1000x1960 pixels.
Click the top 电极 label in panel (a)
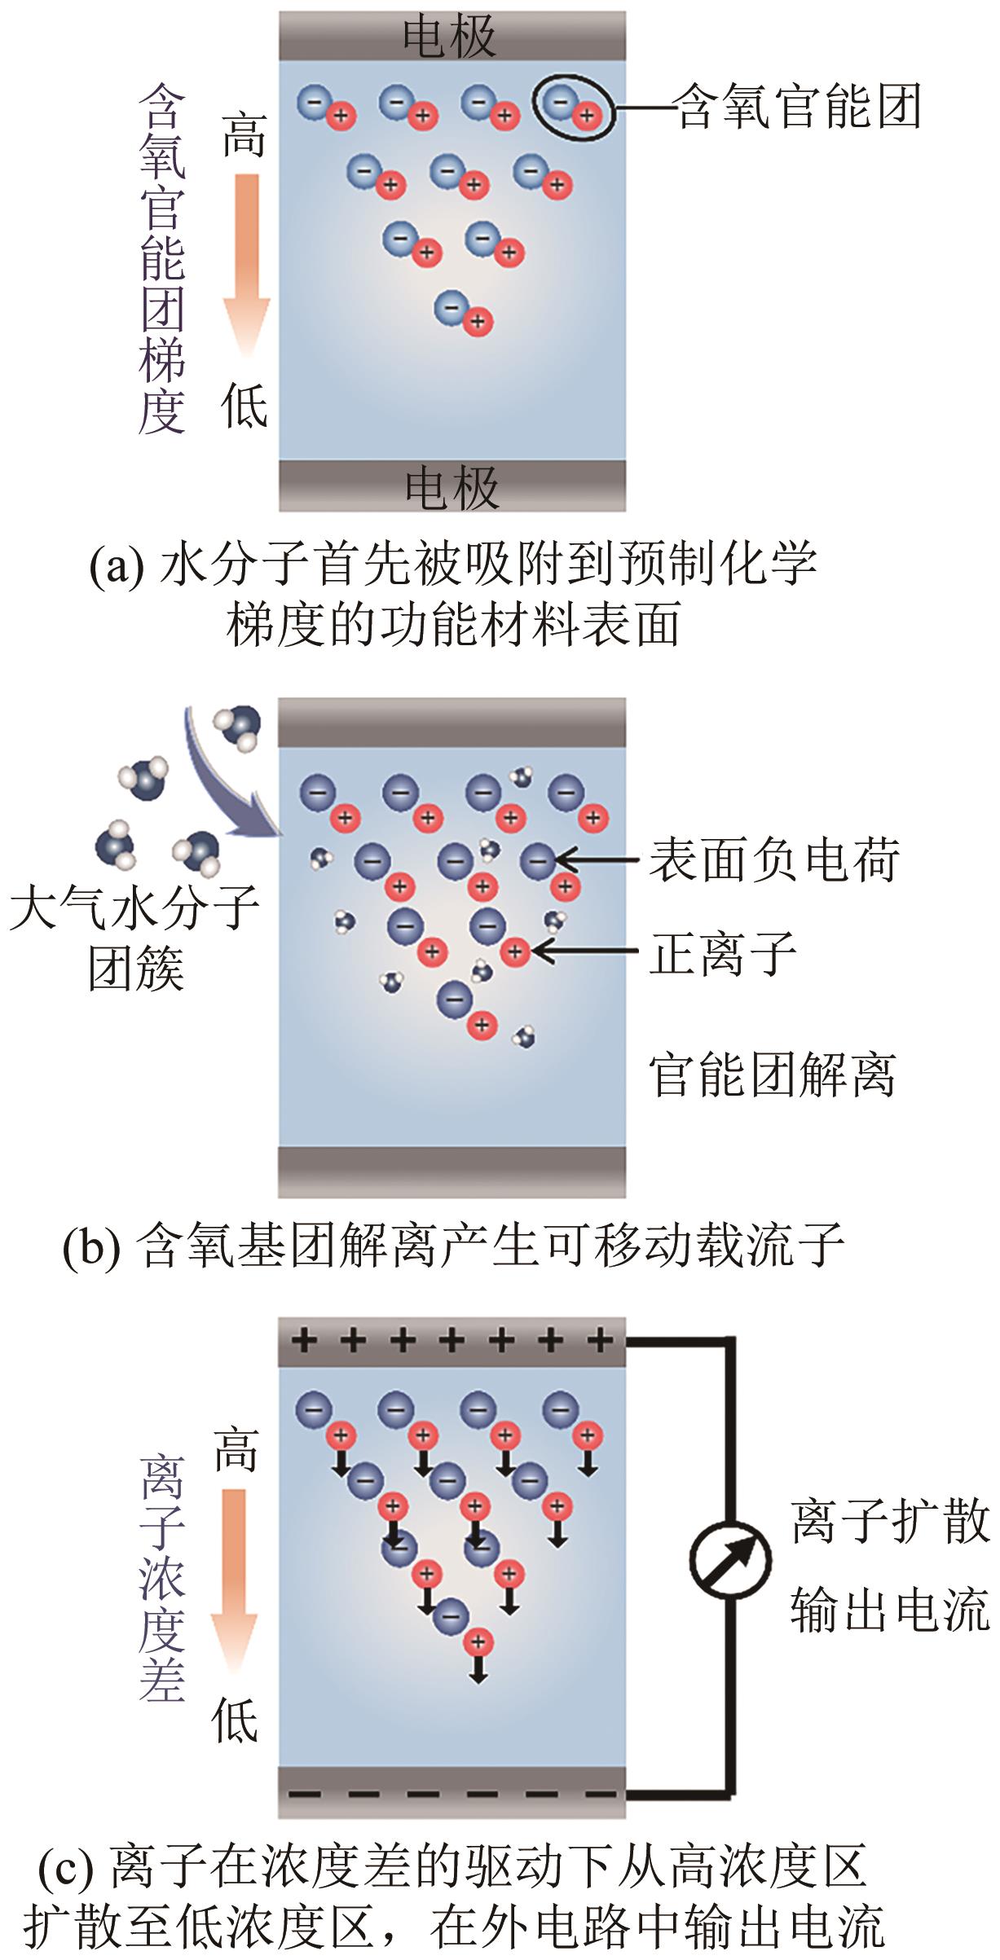tap(449, 37)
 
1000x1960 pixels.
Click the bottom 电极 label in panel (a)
tap(452, 487)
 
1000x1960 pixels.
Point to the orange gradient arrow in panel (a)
tap(245, 261)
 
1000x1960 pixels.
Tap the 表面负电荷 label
tap(773, 859)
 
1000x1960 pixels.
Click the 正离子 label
tap(722, 953)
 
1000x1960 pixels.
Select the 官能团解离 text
tap(772, 1075)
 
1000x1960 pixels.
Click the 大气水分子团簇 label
tap(134, 937)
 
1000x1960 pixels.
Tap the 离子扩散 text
tap(890, 1520)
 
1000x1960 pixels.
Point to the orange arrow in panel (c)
tap(234, 1580)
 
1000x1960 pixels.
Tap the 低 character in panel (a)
tap(244, 406)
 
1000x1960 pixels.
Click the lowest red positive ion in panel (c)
tap(478, 1641)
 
